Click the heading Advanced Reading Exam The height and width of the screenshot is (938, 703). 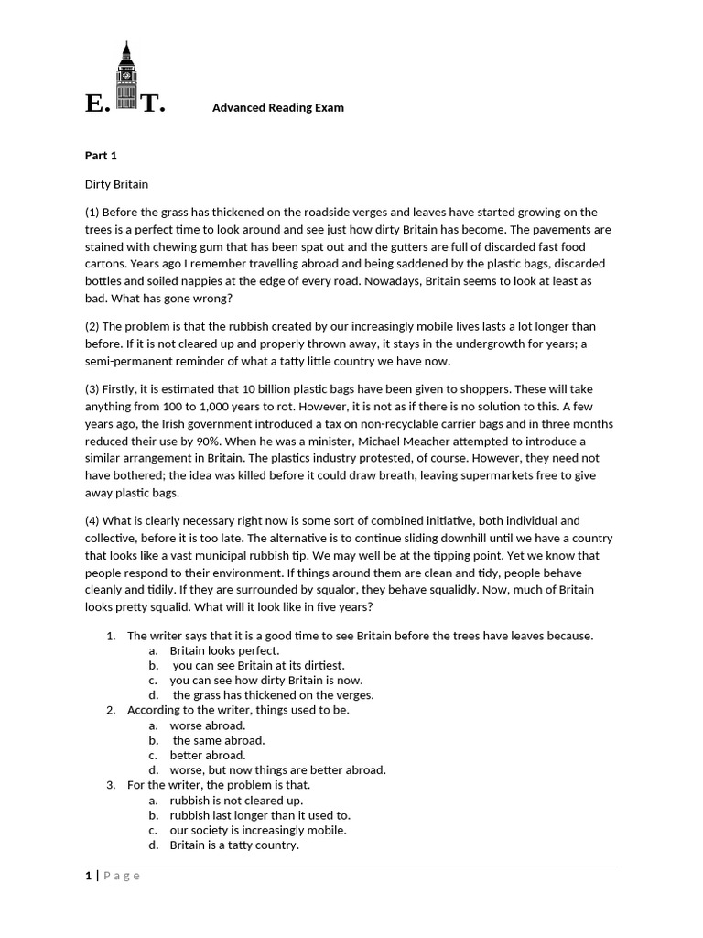277,108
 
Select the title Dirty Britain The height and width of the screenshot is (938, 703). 116,184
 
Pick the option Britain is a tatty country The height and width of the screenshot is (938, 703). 233,845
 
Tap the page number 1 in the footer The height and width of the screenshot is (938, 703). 89,876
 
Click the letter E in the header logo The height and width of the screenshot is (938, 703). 95,104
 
